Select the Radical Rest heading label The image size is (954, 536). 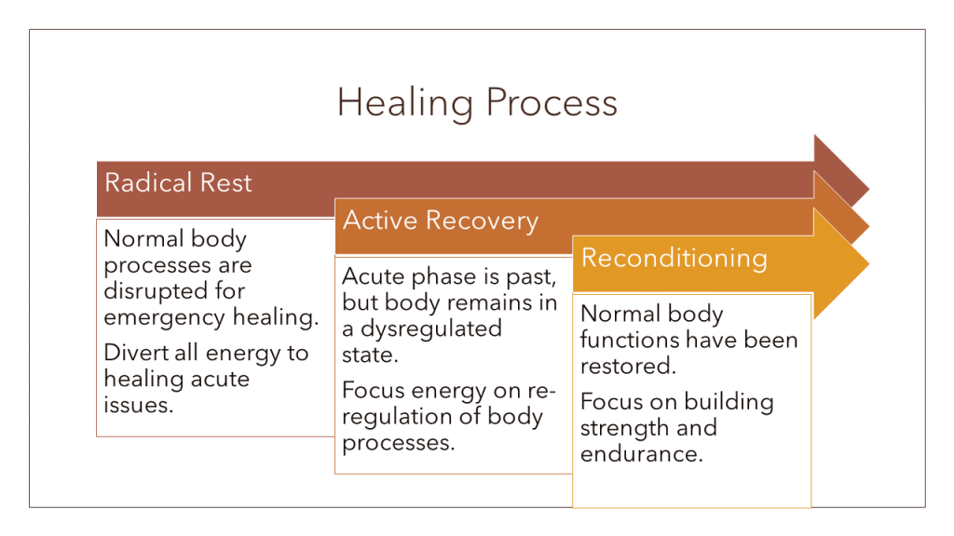point(178,182)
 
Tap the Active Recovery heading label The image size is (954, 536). point(441,221)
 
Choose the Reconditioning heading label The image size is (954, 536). point(674,258)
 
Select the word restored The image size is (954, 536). point(627,366)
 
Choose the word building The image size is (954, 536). point(729,402)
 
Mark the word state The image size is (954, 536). point(368,355)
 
